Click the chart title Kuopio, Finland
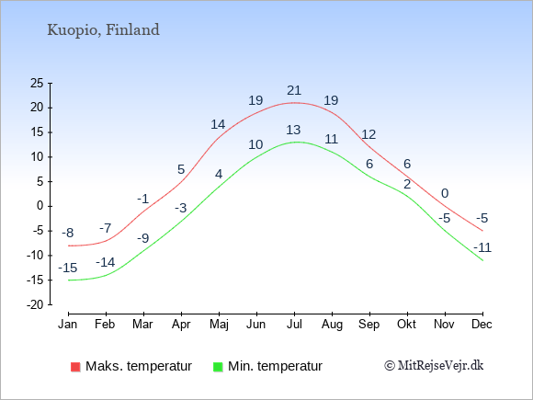(x=103, y=30)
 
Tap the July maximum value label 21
(x=294, y=90)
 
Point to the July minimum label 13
(x=293, y=130)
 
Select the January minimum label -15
(x=68, y=268)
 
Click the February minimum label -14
(x=106, y=262)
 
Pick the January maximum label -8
(x=68, y=233)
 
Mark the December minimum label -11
(x=482, y=247)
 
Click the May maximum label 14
(x=218, y=124)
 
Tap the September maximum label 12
(x=369, y=134)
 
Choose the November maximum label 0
(x=445, y=193)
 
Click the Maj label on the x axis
(x=219, y=325)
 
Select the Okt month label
(x=406, y=325)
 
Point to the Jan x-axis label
(x=68, y=325)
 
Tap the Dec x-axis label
(x=482, y=325)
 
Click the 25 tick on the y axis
(x=37, y=83)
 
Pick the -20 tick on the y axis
(x=35, y=304)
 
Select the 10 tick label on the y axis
(x=37, y=157)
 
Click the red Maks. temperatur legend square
(x=75, y=367)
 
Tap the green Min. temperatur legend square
(x=218, y=367)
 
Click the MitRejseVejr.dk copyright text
(x=434, y=365)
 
